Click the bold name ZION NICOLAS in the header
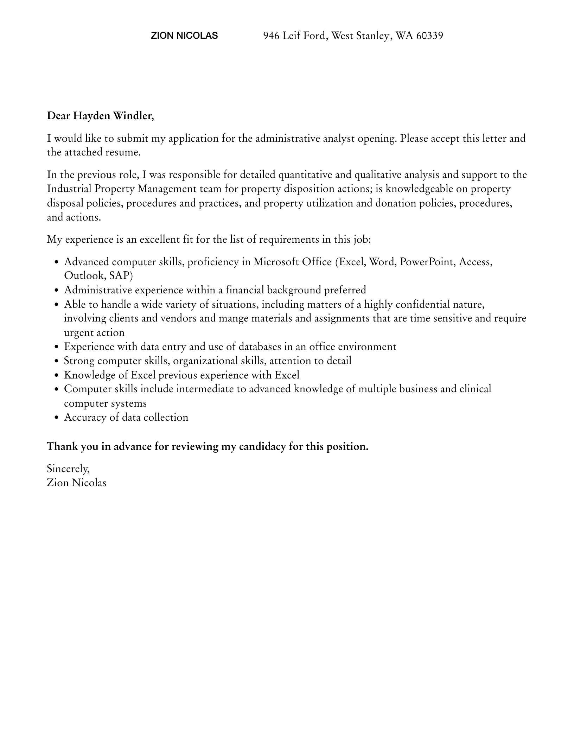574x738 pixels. coord(184,36)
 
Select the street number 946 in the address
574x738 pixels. coord(272,36)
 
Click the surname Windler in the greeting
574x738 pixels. coord(133,116)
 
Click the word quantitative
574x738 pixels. coord(305,175)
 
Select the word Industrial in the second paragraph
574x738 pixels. coord(69,189)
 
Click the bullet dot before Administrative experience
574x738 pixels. coord(57,291)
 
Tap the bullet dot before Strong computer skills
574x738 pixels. coord(57,361)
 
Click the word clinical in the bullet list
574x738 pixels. coord(475,389)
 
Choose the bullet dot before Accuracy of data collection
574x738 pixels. coord(57,418)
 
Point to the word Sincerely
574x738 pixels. coord(68,469)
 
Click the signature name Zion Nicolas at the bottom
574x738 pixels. coord(77,483)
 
